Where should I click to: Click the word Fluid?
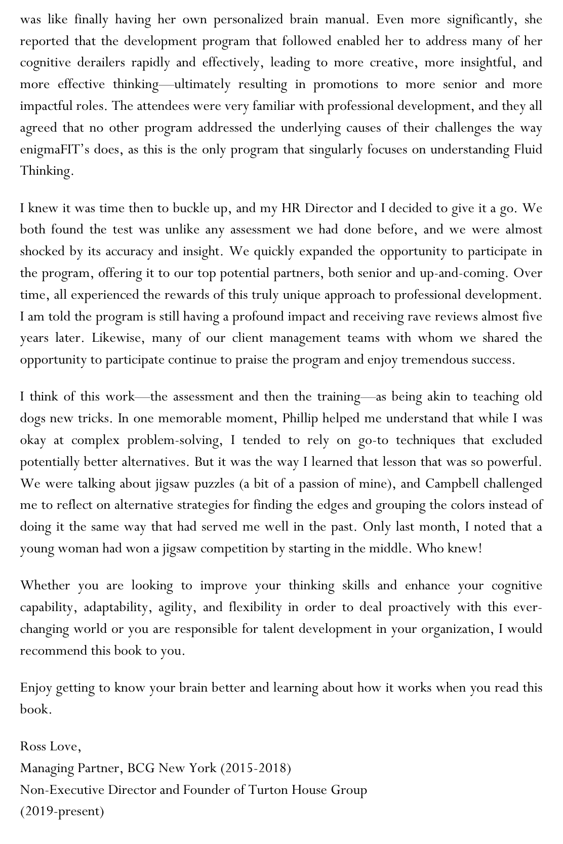pyautogui.click(x=529, y=150)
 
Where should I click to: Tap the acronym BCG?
pyautogui.click(x=141, y=769)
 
